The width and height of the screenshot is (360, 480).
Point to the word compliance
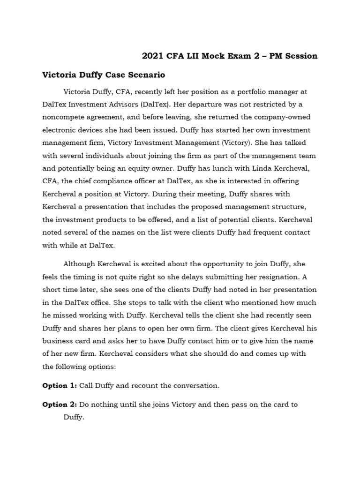tap(132, 180)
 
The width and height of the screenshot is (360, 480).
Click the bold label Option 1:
tap(60, 386)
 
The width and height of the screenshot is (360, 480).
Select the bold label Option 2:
tap(60, 404)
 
